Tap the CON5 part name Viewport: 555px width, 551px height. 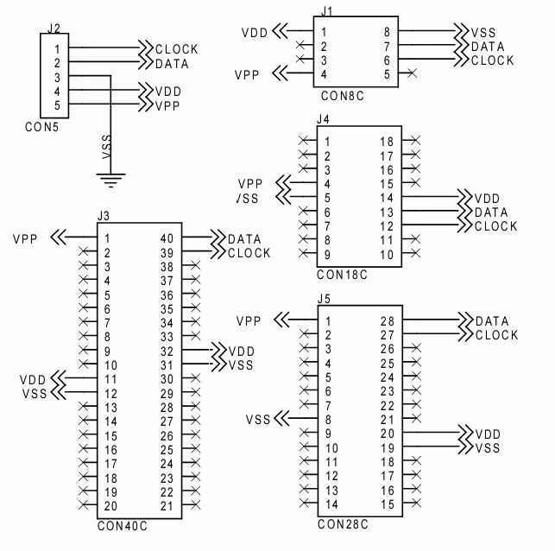tap(41, 126)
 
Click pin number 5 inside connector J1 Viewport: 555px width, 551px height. tap(385, 74)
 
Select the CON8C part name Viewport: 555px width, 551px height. tap(342, 98)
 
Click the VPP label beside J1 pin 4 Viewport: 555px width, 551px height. tap(247, 75)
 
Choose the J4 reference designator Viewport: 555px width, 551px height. tap(323, 117)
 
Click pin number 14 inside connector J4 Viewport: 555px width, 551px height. tap(388, 198)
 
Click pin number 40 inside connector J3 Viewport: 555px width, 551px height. tap(167, 239)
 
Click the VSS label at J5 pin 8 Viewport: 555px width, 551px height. tap(259, 420)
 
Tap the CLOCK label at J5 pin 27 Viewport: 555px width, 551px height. tap(496, 335)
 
